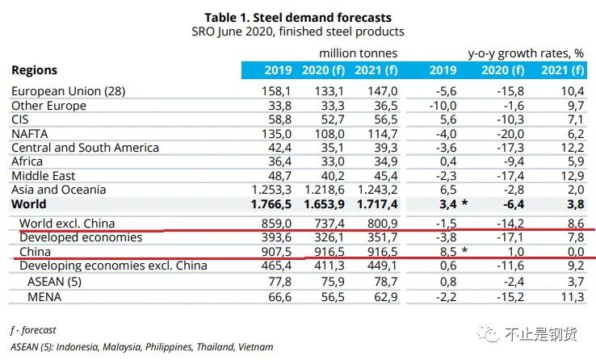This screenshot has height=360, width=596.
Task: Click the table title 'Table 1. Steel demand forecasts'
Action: click(298, 16)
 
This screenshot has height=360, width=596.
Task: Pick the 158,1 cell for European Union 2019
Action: click(276, 91)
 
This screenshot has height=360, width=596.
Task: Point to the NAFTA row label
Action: click(31, 133)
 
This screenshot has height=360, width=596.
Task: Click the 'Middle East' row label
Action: click(44, 175)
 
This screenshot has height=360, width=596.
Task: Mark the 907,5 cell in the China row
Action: click(276, 251)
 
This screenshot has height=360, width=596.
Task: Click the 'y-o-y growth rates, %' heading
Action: click(526, 53)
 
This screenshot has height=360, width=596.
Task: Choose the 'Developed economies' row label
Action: click(80, 237)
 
